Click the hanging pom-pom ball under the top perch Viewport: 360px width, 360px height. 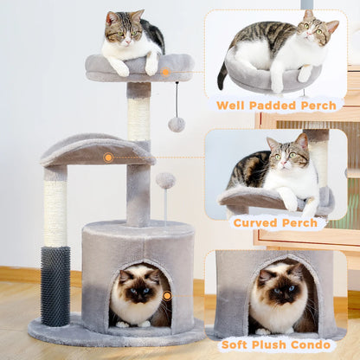pyautogui.click(x=177, y=124)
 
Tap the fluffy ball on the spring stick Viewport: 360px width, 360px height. pyautogui.click(x=165, y=181)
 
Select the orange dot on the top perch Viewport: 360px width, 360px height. pyautogui.click(x=165, y=72)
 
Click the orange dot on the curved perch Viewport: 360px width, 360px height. pyautogui.click(x=108, y=157)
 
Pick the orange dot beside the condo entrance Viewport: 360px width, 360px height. pyautogui.click(x=167, y=296)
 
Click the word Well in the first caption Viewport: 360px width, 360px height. pyautogui.click(x=234, y=106)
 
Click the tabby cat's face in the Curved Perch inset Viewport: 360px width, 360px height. pyautogui.click(x=286, y=157)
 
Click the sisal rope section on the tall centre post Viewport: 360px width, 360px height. pyautogui.click(x=138, y=119)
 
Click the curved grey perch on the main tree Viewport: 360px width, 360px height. pyautogui.click(x=95, y=150)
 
